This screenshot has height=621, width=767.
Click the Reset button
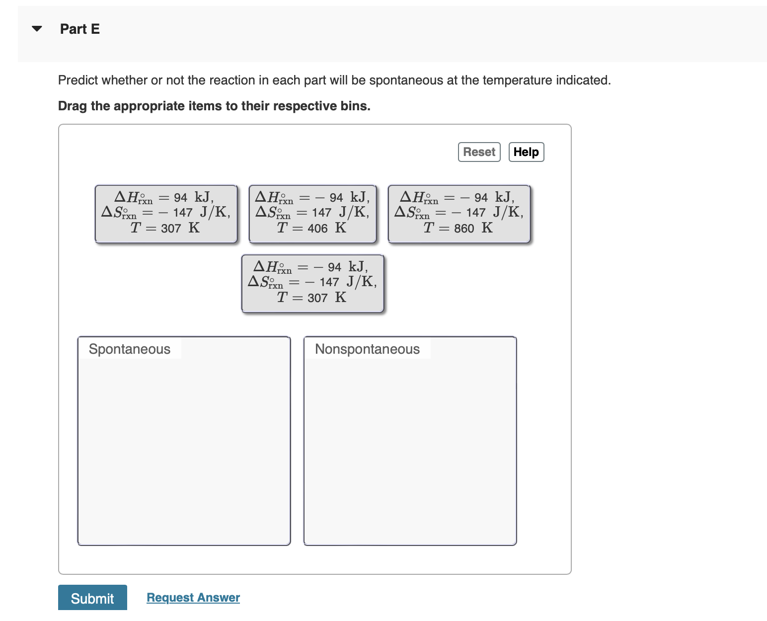[479, 152]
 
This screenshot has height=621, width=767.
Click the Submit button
[92, 598]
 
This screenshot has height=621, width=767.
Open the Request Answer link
[193, 598]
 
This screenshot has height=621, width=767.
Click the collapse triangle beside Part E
[37, 29]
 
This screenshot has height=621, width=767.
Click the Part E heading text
[80, 29]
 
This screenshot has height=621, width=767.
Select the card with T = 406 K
[312, 214]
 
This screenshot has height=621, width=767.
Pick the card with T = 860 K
[459, 214]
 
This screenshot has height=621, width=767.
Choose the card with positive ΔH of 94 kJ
[166, 214]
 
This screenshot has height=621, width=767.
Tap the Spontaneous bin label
[130, 349]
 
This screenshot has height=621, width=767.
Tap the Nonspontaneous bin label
[367, 349]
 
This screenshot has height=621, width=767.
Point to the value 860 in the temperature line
[464, 229]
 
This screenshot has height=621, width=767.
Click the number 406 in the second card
[317, 229]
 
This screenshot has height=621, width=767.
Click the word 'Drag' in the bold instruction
[73, 106]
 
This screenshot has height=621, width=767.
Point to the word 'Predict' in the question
[78, 80]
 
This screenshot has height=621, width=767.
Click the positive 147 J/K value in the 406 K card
[321, 213]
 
